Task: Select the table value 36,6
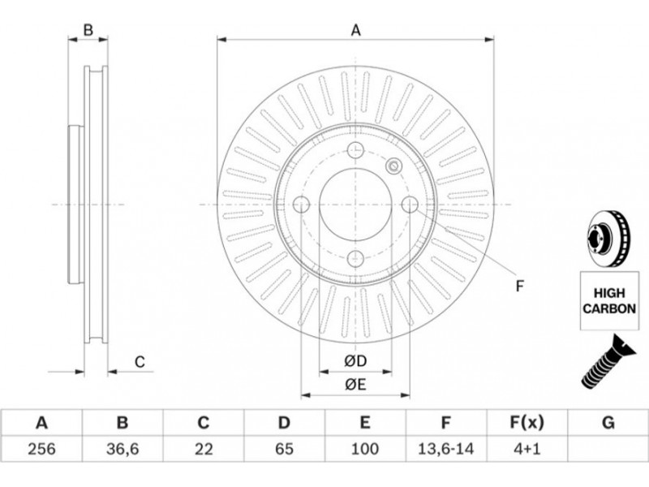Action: (122, 447)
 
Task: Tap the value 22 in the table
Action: (203, 447)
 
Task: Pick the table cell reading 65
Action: (284, 447)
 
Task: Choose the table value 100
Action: (365, 447)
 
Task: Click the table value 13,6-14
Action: (446, 447)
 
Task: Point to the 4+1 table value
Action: (527, 447)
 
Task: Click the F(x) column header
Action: (527, 422)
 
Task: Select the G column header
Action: (608, 422)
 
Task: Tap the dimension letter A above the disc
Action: (355, 31)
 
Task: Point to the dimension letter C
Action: (140, 362)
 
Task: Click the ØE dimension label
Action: (355, 385)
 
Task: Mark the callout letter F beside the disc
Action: (520, 285)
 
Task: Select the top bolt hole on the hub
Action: (355, 150)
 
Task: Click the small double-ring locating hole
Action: (394, 166)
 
